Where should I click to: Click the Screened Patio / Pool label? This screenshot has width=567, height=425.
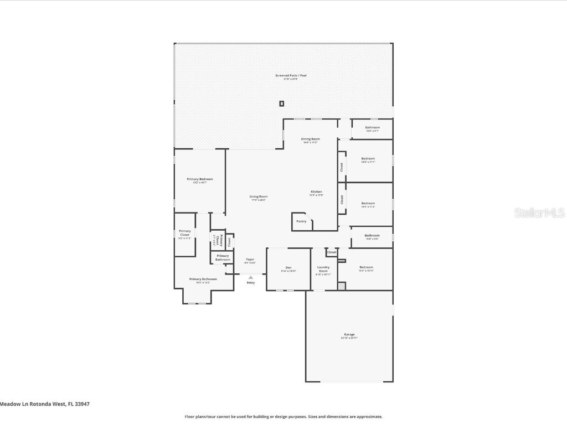pos(291,75)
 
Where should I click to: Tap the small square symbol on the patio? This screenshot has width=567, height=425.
pos(282,103)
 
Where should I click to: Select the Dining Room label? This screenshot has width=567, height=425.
pos(310,139)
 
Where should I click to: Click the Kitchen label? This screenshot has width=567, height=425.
pos(316,192)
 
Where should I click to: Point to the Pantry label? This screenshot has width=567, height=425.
pos(301,221)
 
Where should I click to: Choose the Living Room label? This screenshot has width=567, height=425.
pos(259,196)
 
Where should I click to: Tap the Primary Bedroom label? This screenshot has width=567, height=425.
pos(200,179)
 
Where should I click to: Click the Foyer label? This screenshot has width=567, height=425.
pos(250,260)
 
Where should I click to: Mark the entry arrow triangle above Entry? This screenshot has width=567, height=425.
pos(251,277)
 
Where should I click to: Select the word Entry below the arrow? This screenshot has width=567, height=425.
pos(251,283)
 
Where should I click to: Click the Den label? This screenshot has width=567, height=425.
pos(288,268)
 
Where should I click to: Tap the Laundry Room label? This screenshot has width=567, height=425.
pos(323,269)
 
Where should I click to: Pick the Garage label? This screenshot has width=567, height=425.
pos(349,334)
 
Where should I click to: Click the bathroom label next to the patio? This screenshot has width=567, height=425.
pos(373,128)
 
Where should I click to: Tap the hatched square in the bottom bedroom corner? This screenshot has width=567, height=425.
pos(342,286)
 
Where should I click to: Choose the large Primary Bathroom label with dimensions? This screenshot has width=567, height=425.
pos(203,279)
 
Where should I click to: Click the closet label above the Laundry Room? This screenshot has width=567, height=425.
pos(332,252)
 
